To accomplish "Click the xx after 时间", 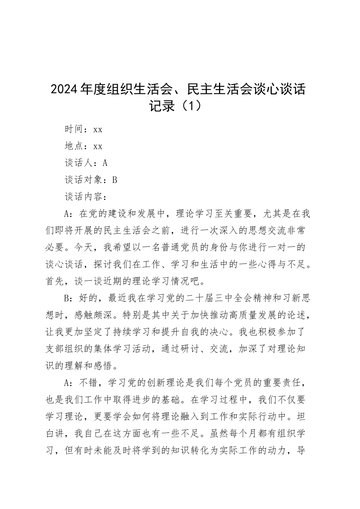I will [x=98, y=130].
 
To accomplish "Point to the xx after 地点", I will [x=98, y=146].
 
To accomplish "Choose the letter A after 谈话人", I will [x=105, y=163].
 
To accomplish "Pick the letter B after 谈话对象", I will [x=114, y=180].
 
